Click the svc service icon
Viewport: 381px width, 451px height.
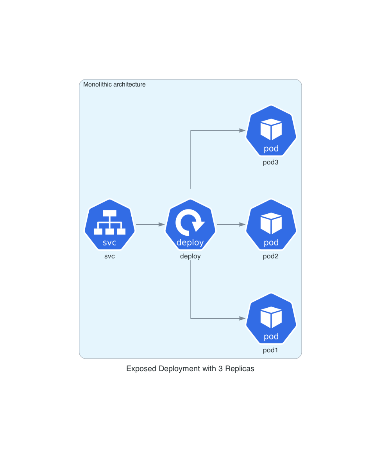(x=109, y=225)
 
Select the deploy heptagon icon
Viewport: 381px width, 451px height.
(x=190, y=225)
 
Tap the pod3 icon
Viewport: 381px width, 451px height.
(x=271, y=131)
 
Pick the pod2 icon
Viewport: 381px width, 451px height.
(x=271, y=225)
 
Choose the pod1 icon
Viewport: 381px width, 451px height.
(x=271, y=319)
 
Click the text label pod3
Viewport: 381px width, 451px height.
(x=270, y=162)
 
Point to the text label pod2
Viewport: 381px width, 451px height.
(x=270, y=256)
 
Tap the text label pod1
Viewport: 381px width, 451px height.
(x=270, y=350)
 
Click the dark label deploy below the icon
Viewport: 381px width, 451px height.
(x=190, y=256)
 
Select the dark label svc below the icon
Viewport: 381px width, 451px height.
(x=109, y=256)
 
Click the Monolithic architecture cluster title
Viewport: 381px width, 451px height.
(x=114, y=85)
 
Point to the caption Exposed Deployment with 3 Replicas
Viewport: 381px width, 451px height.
(x=190, y=369)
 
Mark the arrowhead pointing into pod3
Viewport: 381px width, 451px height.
(x=242, y=131)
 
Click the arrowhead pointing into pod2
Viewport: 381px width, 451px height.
(x=242, y=225)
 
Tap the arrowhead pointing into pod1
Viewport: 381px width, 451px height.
(x=242, y=319)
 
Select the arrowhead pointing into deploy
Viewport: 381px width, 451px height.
(x=161, y=225)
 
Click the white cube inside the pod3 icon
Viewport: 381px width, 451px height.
(x=271, y=130)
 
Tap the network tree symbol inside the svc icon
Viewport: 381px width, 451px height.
(x=109, y=222)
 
